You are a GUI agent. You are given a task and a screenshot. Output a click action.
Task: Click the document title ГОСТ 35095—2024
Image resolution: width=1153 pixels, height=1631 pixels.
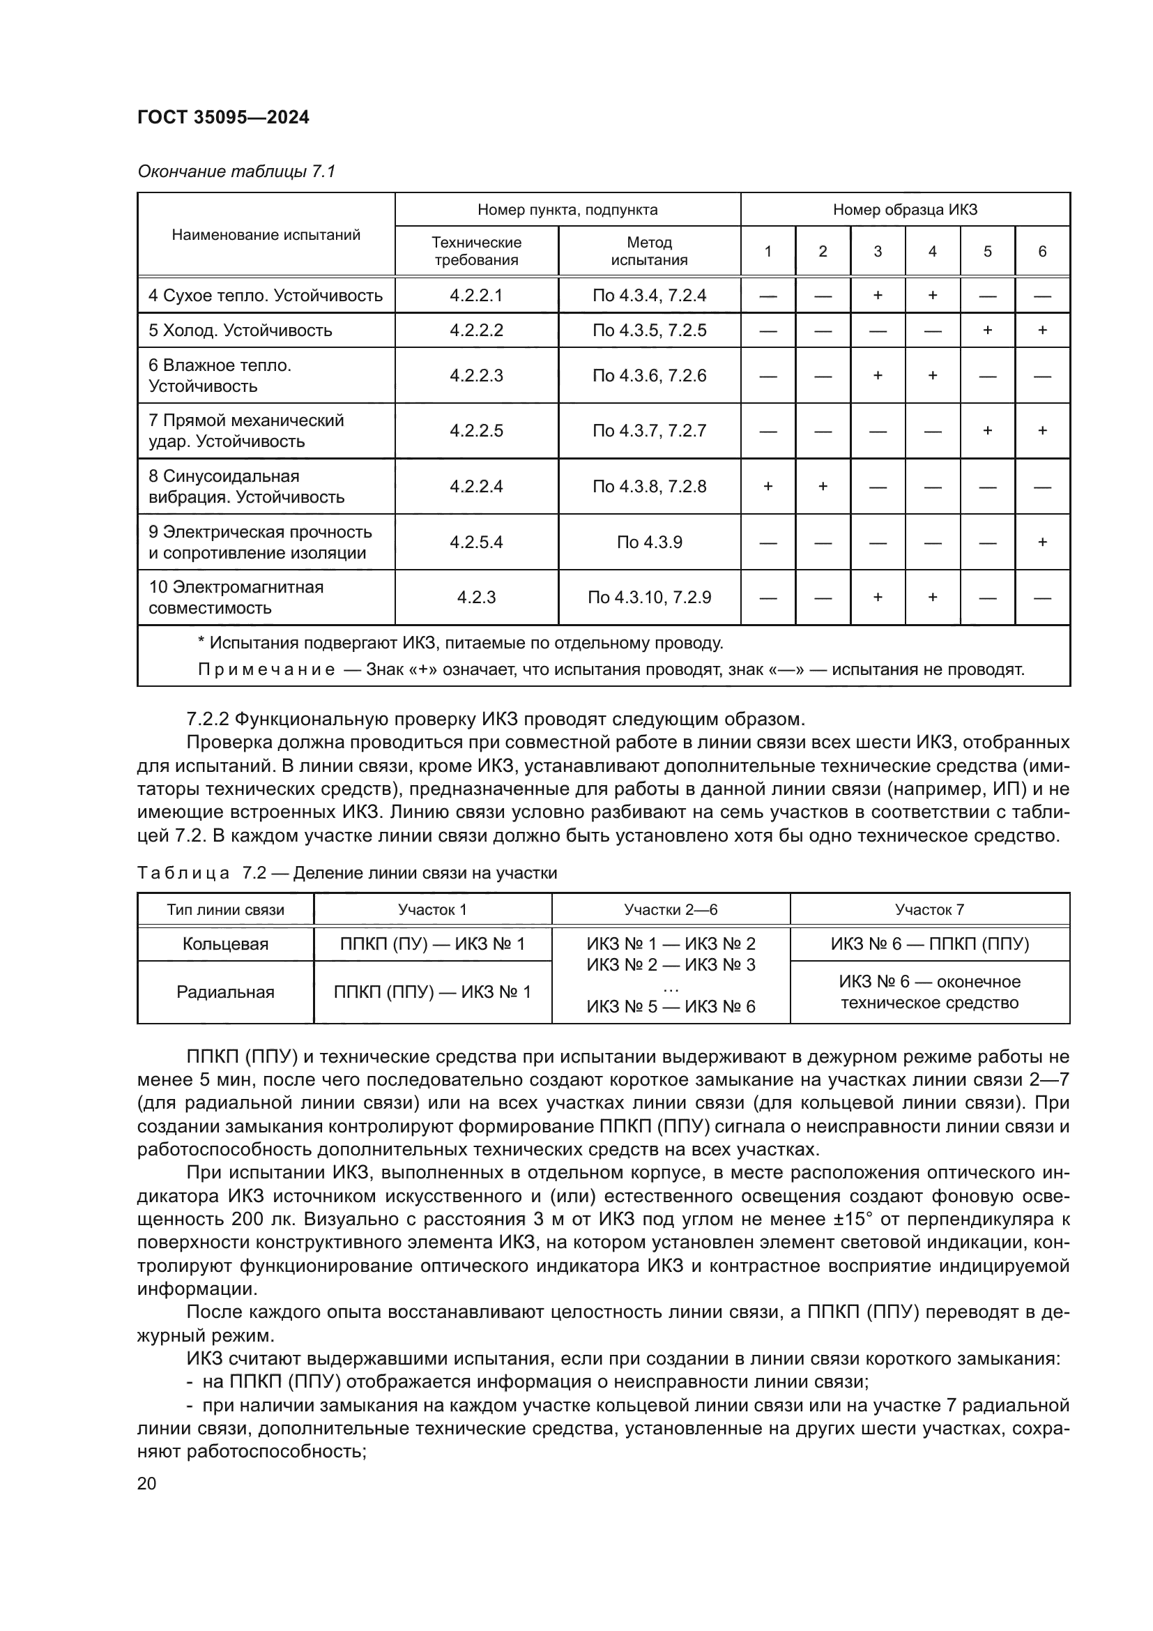coord(223,117)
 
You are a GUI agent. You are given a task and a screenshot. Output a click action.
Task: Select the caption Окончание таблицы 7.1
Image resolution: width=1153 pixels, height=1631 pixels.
coord(236,172)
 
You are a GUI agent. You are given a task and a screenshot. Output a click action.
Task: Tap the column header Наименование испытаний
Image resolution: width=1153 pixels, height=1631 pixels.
coord(266,234)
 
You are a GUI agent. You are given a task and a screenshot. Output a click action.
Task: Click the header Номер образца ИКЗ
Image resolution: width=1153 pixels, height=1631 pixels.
coord(905,210)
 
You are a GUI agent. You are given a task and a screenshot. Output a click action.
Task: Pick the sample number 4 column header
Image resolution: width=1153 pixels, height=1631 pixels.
coord(932,251)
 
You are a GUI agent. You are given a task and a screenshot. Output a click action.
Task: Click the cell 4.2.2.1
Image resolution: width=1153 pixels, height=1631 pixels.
coord(475,296)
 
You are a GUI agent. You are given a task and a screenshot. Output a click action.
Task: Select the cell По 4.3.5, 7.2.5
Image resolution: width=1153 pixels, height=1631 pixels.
coord(649,331)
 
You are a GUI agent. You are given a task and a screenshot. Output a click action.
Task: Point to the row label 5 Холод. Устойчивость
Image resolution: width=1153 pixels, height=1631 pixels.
coord(240,331)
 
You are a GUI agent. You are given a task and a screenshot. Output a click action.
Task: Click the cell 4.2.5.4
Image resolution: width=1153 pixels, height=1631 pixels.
coord(475,542)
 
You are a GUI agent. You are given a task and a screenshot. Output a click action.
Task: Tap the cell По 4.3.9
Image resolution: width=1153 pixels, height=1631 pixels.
coord(649,542)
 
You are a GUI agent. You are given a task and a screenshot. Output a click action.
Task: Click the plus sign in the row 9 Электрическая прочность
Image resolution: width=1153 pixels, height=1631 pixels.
coord(1041,542)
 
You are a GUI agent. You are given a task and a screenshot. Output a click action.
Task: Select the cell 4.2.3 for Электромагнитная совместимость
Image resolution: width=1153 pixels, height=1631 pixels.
coord(475,598)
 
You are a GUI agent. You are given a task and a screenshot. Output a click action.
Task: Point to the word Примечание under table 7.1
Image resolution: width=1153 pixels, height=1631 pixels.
coord(266,670)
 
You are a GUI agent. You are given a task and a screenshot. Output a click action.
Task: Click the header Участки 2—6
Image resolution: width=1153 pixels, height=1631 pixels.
coord(670,910)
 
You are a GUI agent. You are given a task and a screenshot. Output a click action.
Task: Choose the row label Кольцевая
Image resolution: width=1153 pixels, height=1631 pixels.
coord(225,944)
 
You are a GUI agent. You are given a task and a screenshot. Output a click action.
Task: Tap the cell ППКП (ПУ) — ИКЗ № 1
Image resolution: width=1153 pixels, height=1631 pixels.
coord(432,944)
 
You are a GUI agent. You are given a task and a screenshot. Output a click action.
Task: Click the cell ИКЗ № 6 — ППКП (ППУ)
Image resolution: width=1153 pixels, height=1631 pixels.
coord(929,944)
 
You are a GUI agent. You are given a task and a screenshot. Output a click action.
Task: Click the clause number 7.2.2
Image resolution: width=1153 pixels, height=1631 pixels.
coord(207,719)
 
